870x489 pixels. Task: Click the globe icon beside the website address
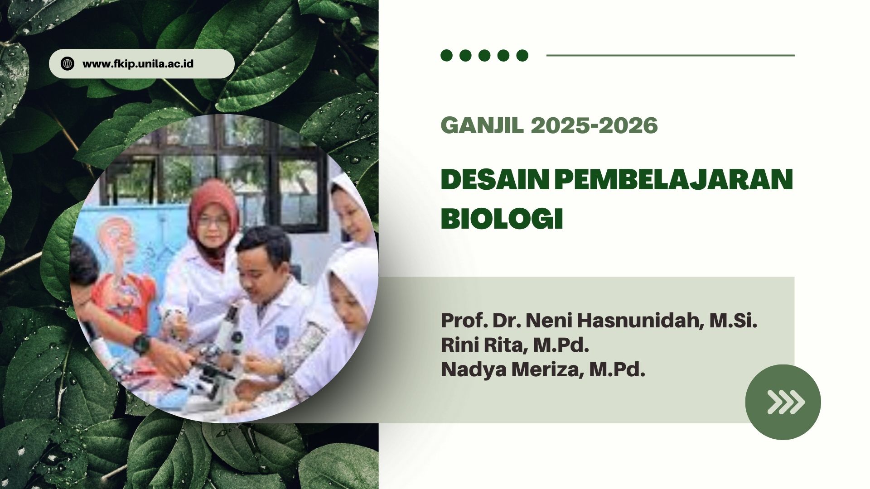point(68,64)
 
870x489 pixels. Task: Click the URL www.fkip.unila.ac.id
point(138,64)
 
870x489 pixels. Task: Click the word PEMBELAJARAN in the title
point(674,180)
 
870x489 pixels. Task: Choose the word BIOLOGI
point(502,219)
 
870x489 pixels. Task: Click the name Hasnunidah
point(640,321)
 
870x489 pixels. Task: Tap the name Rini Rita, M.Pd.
point(515,345)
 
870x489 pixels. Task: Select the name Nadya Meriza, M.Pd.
point(543,369)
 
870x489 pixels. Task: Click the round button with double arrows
point(783,402)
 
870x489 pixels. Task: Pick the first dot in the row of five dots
point(447,55)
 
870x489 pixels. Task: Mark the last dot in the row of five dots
point(522,55)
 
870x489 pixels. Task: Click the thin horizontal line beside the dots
point(671,55)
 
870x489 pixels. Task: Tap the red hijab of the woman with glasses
point(213,217)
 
